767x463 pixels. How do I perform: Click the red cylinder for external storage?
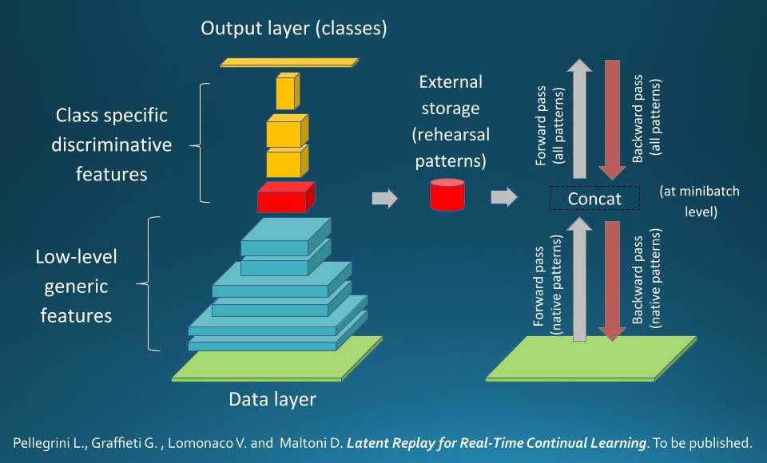click(x=447, y=195)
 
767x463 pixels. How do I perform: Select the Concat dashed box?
click(x=594, y=198)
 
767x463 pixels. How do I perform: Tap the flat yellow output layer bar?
click(x=289, y=62)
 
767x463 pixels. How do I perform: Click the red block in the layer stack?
click(x=286, y=197)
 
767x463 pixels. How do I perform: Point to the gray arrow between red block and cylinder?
click(x=385, y=198)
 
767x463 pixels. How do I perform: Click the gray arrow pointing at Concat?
click(x=504, y=197)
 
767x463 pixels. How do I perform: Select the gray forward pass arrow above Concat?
click(x=579, y=119)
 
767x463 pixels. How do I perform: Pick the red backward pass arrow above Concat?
click(x=613, y=120)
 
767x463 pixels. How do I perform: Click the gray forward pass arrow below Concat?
click(x=579, y=279)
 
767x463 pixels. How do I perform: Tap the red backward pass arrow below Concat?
click(x=613, y=281)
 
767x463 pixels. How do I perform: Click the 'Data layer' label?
click(x=272, y=399)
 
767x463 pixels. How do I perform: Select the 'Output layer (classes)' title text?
click(x=293, y=28)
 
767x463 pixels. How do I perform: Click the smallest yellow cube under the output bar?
click(x=288, y=92)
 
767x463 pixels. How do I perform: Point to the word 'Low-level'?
click(x=77, y=257)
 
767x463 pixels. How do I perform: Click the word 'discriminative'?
click(x=112, y=144)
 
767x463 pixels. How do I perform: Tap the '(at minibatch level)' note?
click(x=700, y=201)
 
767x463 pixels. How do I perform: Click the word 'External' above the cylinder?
click(x=451, y=81)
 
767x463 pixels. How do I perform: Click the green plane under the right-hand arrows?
click(x=591, y=358)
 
